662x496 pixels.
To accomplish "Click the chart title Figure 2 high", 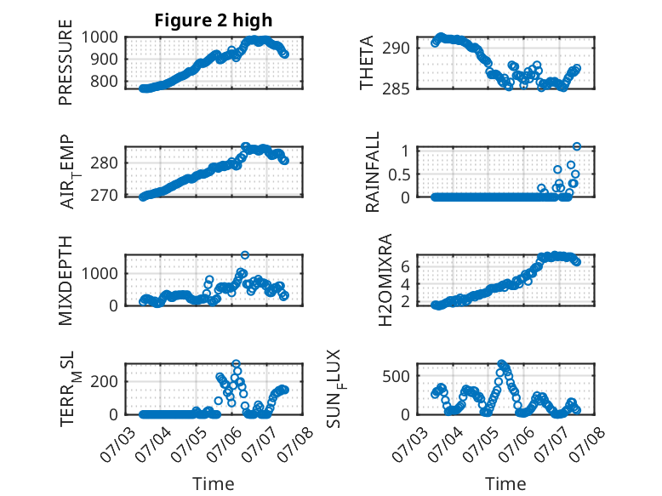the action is pyautogui.click(x=214, y=20).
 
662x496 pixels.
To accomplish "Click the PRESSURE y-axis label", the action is pyautogui.click(x=66, y=62).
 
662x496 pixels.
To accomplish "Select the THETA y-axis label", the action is pyautogui.click(x=367, y=62).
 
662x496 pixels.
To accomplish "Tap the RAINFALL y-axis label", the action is pyautogui.click(x=373, y=171).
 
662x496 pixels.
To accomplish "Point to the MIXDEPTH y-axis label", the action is pyautogui.click(x=66, y=280).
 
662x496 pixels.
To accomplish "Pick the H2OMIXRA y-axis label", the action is pyautogui.click(x=385, y=280).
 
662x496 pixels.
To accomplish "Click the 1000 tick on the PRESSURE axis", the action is pyautogui.click(x=100, y=37).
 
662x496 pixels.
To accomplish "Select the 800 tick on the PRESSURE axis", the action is pyautogui.click(x=104, y=81).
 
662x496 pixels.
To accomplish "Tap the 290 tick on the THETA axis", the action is pyautogui.click(x=396, y=48).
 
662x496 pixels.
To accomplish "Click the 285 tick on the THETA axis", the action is pyautogui.click(x=396, y=88).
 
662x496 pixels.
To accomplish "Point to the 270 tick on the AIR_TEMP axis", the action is pyautogui.click(x=104, y=196).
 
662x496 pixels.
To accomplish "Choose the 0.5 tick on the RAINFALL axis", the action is pyautogui.click(x=399, y=174).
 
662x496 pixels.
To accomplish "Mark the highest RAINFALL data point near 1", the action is pyautogui.click(x=577, y=146).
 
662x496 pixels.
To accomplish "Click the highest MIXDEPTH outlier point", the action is pyautogui.click(x=245, y=255).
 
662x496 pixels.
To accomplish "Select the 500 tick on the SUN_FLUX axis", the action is pyautogui.click(x=396, y=376).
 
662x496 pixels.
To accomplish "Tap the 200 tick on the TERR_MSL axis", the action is pyautogui.click(x=104, y=382).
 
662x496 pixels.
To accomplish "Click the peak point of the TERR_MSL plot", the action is pyautogui.click(x=236, y=363).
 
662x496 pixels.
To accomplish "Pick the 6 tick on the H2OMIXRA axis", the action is pyautogui.click(x=406, y=266).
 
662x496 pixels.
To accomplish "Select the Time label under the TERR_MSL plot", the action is pyautogui.click(x=214, y=484).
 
